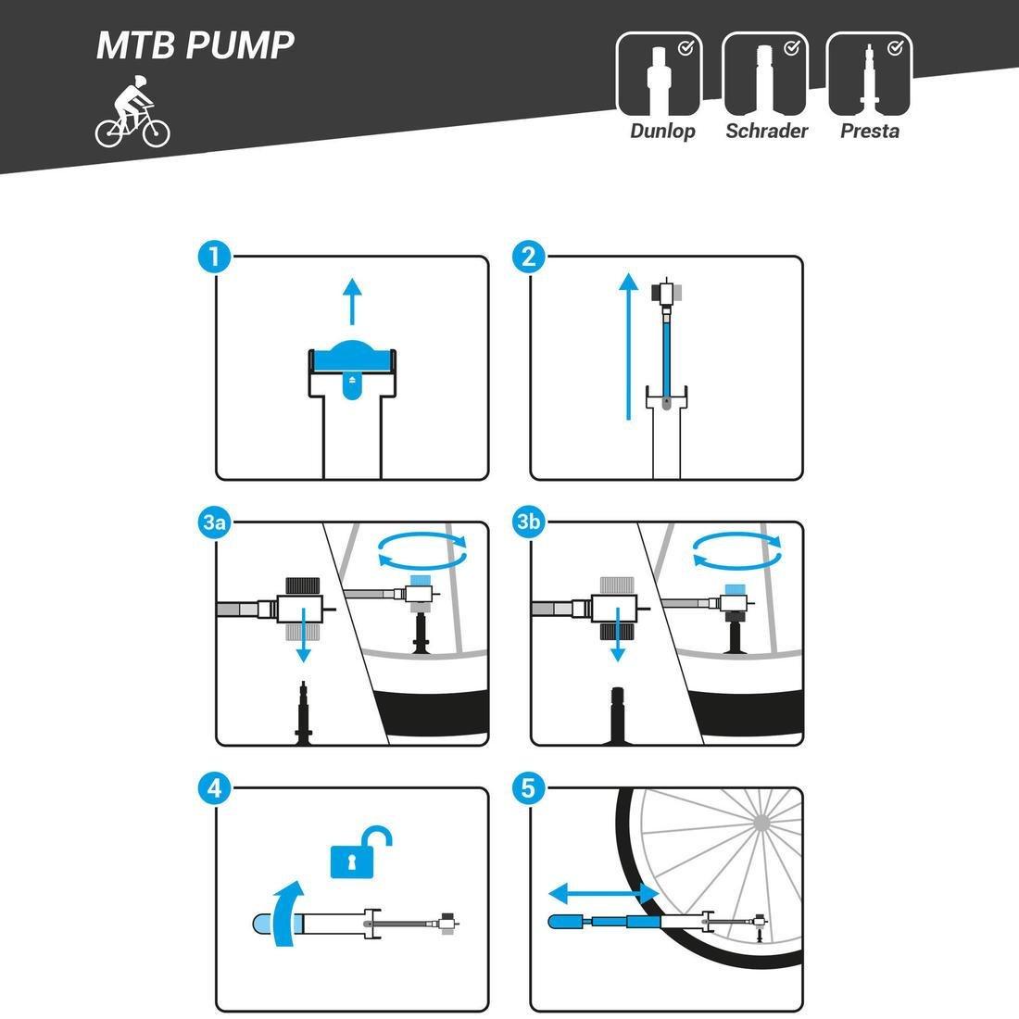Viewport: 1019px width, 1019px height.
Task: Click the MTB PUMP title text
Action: point(195,44)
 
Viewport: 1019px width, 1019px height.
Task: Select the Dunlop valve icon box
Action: point(659,72)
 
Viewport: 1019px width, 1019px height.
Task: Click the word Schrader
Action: point(766,131)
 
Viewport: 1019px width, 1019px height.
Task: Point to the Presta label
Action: point(869,131)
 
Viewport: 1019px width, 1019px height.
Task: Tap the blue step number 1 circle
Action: point(215,257)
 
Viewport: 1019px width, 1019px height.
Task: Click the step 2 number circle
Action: point(529,257)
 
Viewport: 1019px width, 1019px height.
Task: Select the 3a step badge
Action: point(215,522)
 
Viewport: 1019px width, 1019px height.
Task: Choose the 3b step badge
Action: point(529,522)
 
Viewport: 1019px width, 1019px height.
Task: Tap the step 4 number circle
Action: point(215,788)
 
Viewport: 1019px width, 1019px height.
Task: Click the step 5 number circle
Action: point(529,788)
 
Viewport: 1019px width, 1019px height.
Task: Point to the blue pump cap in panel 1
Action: point(352,358)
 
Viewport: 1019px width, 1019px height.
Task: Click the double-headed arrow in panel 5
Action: point(603,893)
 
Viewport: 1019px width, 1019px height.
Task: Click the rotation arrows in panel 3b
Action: point(736,552)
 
